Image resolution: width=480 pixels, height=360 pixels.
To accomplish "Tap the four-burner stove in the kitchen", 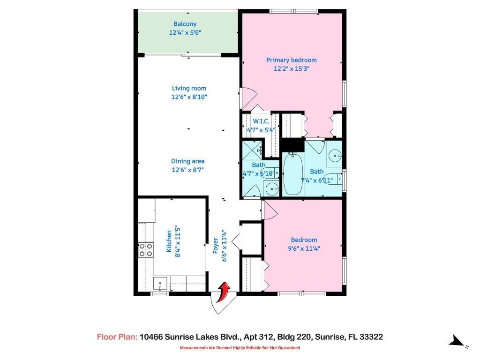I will click(146, 250).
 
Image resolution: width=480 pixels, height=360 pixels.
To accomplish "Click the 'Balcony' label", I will click(185, 24).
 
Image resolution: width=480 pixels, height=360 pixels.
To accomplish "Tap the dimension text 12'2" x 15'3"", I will click(292, 68).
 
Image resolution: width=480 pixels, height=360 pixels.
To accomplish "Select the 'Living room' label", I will click(189, 88).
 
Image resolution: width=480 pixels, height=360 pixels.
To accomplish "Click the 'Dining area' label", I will click(187, 161).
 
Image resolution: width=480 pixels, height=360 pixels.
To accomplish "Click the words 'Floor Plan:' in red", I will click(117, 337).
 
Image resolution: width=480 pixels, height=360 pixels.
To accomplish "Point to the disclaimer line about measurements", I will click(240, 348).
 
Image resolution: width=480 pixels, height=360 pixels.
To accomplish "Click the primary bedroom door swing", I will click(248, 97).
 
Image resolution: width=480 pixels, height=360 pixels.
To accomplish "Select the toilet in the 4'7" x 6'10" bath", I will click(276, 174).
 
